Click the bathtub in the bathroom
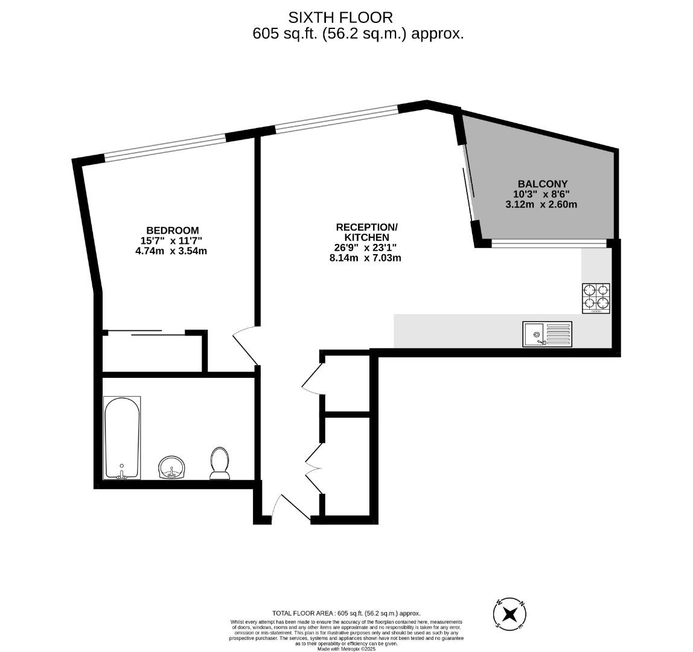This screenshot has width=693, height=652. [x=122, y=438]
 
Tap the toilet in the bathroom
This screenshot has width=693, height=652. [x=220, y=464]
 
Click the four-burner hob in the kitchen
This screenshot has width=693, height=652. [x=596, y=298]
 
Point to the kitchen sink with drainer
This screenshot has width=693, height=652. [x=548, y=334]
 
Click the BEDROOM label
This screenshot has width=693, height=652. [x=172, y=230]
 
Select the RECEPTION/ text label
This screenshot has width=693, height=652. [x=366, y=227]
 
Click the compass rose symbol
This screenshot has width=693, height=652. [x=510, y=615]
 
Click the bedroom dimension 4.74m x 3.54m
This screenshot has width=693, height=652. [x=171, y=251]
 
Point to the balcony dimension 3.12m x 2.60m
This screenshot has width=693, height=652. [x=541, y=204]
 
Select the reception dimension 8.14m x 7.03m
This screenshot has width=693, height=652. [x=366, y=258]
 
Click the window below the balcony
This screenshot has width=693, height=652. [x=548, y=243]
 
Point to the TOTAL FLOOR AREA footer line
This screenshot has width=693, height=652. [x=346, y=613]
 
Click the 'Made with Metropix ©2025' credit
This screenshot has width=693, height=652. [x=346, y=649]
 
